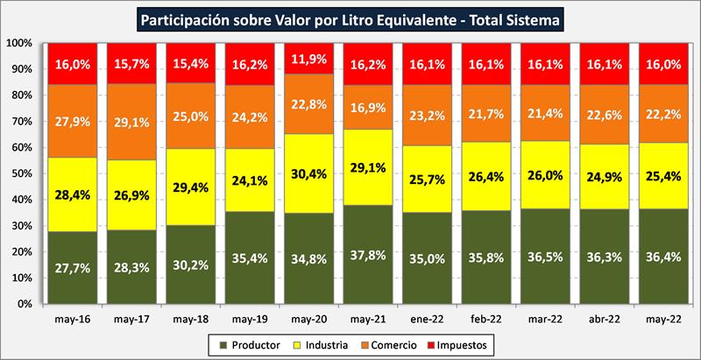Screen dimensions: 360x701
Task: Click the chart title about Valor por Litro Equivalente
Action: coord(350,17)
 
